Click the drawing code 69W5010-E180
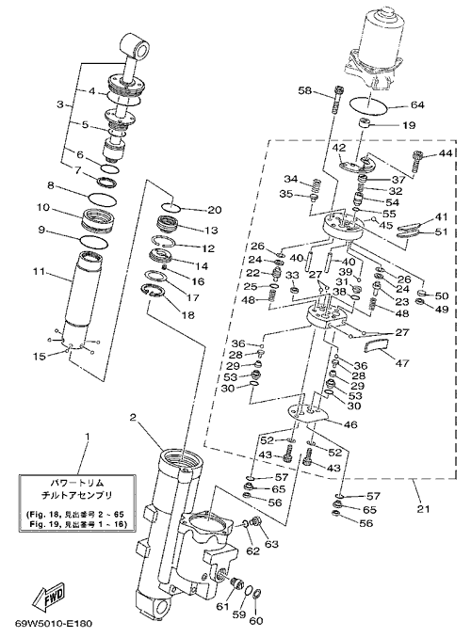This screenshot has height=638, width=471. tap(54, 624)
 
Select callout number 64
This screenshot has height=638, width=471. tap(417, 105)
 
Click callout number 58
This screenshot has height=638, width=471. tap(304, 90)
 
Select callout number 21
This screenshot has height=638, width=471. tap(423, 508)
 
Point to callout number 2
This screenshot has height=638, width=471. tap(133, 418)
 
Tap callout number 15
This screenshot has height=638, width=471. tap(40, 356)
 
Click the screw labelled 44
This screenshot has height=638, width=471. tap(416, 163)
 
